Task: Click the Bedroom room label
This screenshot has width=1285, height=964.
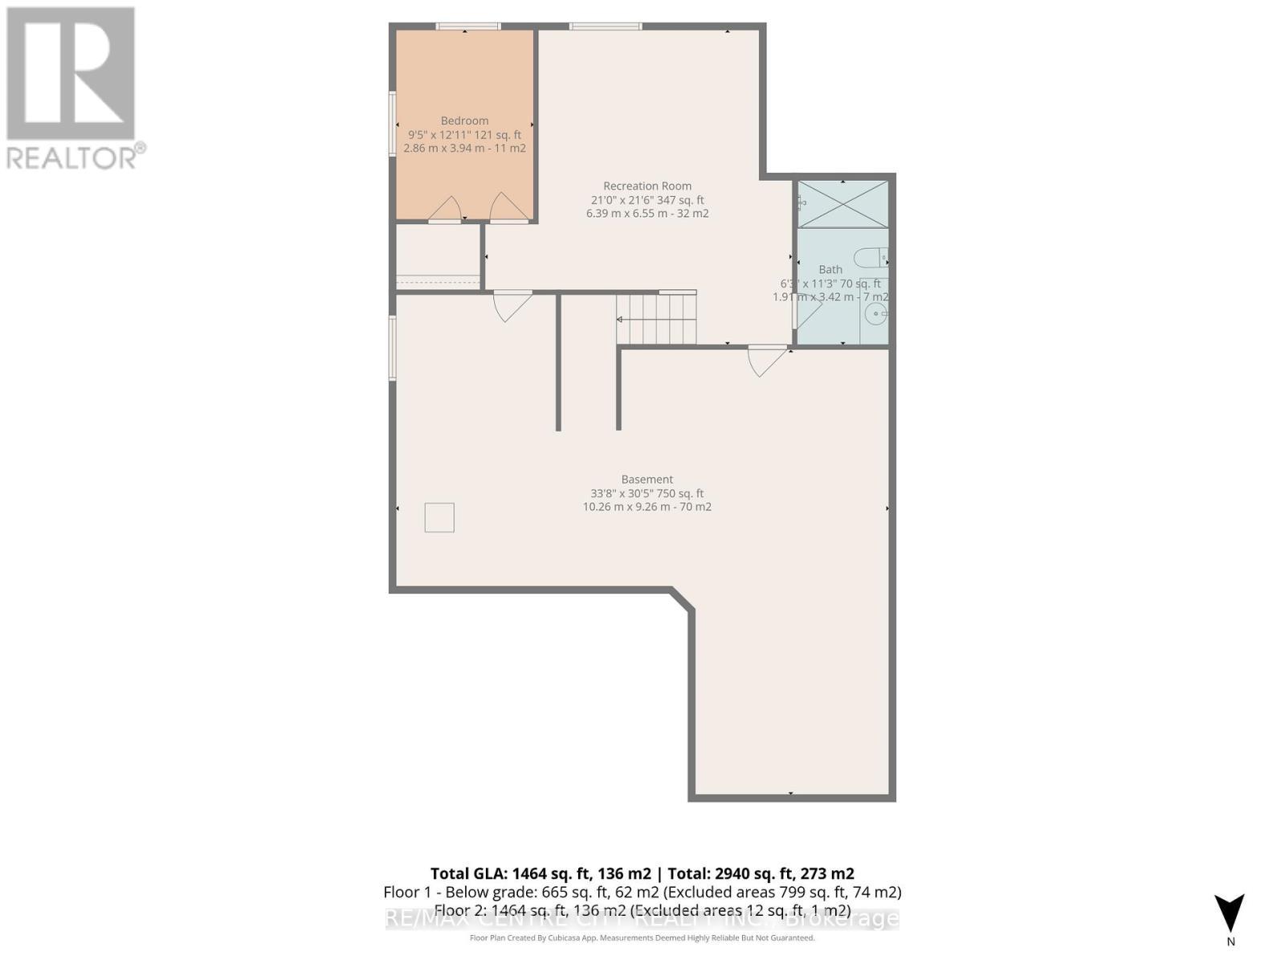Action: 464,120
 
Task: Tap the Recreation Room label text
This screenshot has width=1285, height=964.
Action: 647,186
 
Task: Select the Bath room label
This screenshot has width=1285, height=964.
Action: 830,269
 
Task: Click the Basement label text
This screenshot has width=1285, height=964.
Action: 647,479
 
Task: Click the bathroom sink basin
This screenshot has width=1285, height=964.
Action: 875,314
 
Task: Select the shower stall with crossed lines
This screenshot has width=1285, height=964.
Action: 842,204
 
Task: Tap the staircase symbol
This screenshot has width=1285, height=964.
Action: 656,318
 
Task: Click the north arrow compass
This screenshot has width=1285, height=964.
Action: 1230,915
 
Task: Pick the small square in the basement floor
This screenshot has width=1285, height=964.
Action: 439,517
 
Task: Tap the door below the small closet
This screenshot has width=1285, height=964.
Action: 512,304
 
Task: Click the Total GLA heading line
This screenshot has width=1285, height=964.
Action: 642,873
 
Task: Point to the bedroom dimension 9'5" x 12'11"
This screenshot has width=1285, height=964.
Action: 464,135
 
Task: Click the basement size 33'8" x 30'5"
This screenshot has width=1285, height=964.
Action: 647,493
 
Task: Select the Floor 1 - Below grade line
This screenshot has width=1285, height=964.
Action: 642,892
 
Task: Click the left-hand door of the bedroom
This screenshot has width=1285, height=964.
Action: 444,209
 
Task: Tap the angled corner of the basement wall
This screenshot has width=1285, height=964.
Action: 682,599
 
